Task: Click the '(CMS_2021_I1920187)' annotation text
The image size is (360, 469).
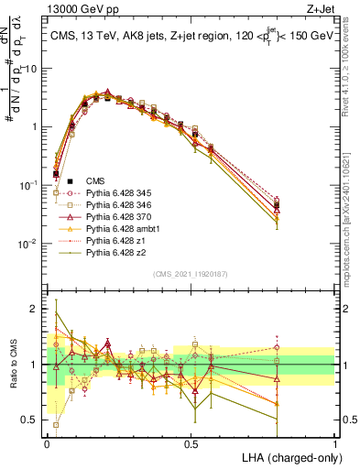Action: click(x=191, y=273)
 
